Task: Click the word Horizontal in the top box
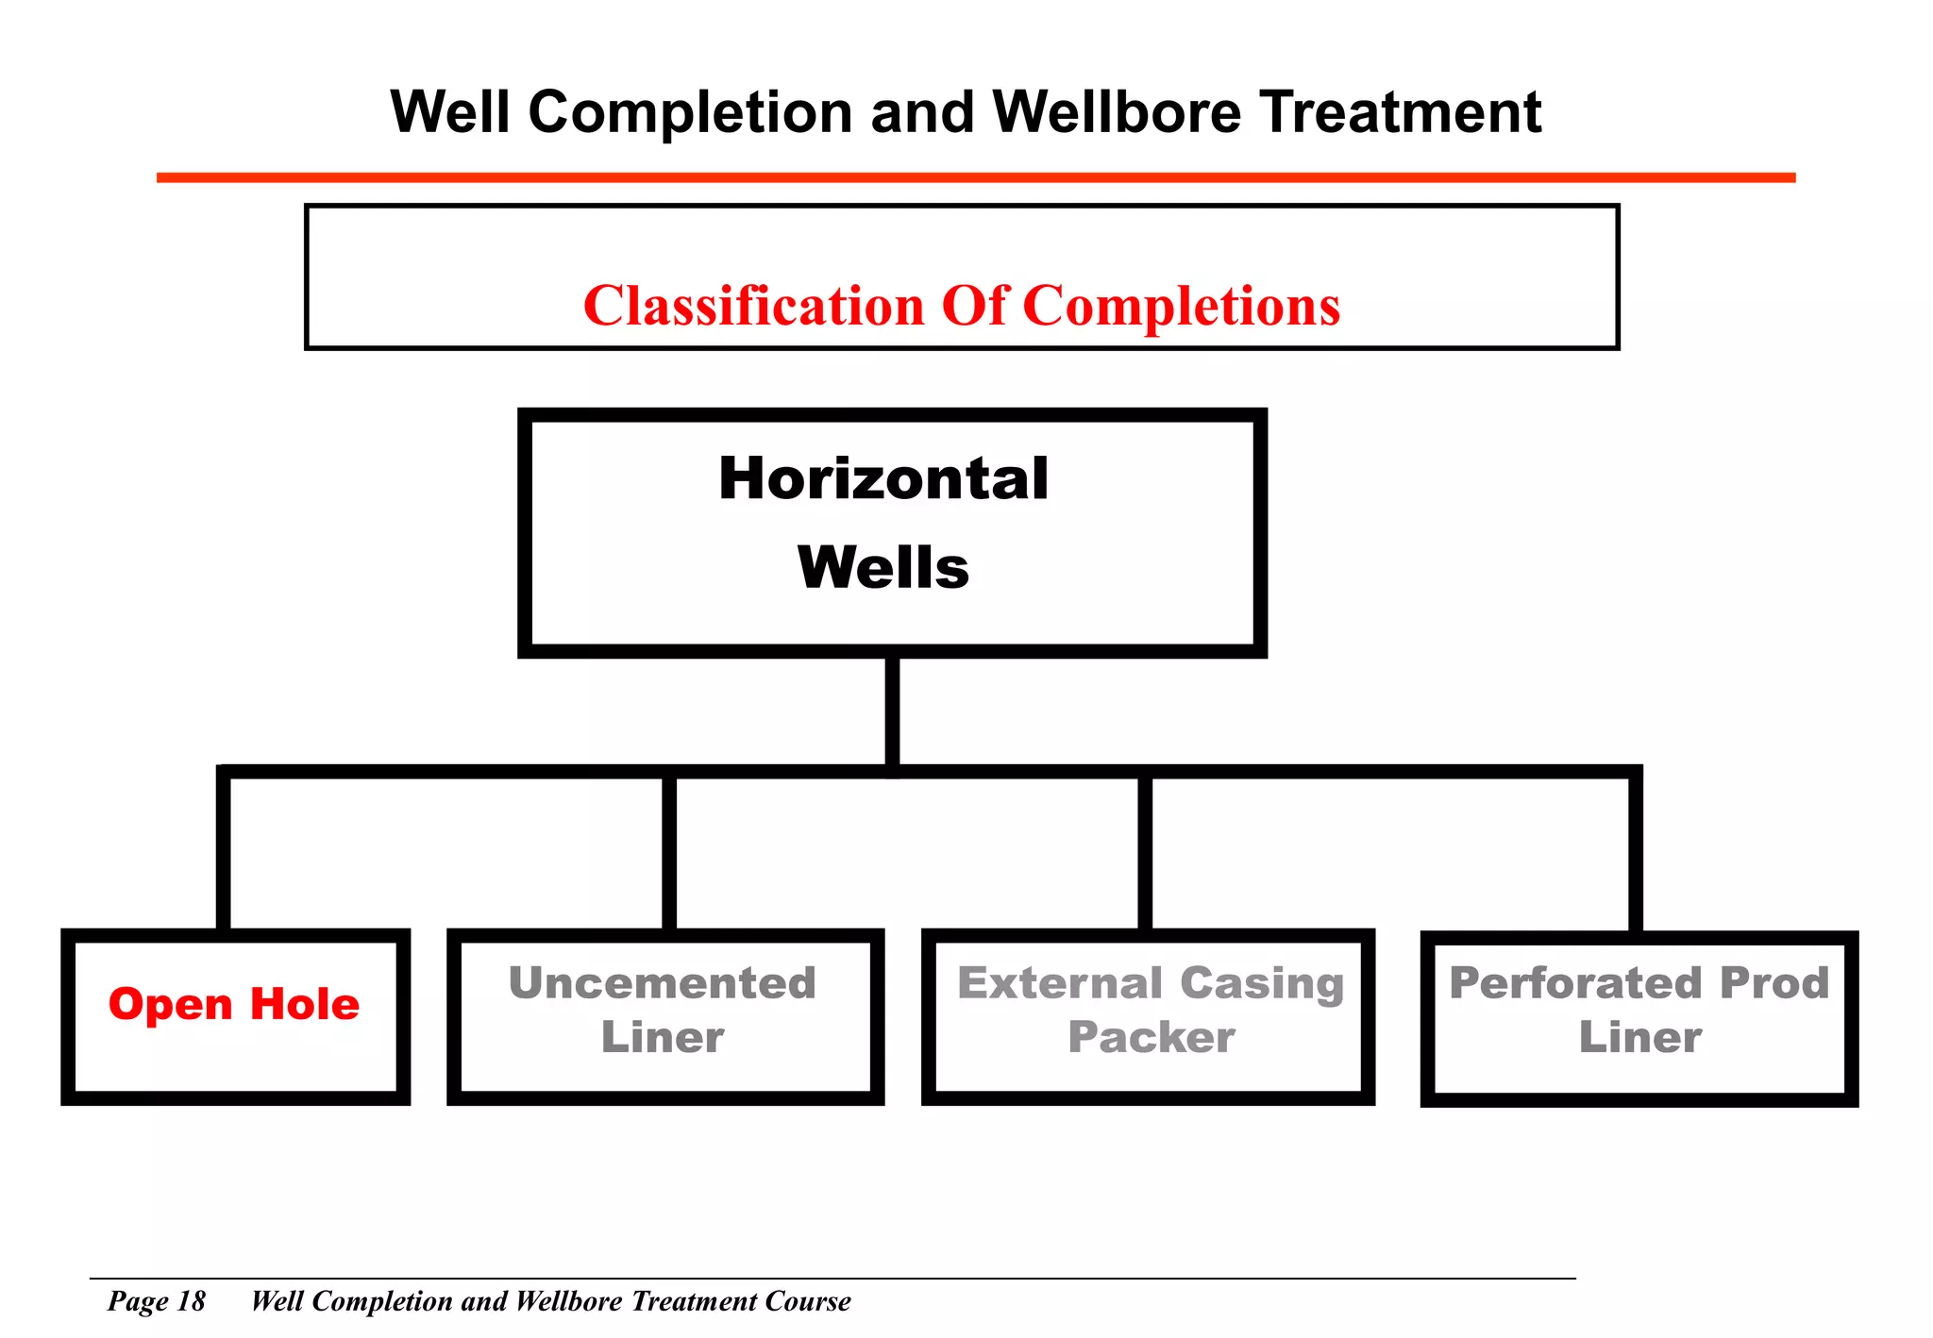click(882, 478)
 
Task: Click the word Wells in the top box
click(882, 567)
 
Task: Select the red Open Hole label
click(234, 1004)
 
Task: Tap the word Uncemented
click(663, 983)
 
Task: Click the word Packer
click(1151, 1038)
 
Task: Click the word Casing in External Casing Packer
click(1262, 984)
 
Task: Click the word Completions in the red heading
click(1181, 306)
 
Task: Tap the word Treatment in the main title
click(1401, 112)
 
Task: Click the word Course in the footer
click(808, 1301)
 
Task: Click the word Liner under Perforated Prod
click(1640, 1038)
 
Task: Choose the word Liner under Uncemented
click(663, 1038)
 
